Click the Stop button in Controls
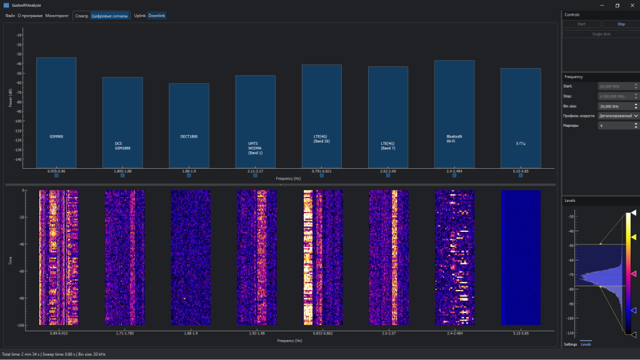click(621, 24)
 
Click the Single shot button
click(601, 34)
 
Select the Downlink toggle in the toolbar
click(157, 16)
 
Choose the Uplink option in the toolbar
click(139, 16)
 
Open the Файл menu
click(10, 16)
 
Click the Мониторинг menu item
click(57, 16)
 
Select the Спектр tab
click(81, 16)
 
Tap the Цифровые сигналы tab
click(110, 16)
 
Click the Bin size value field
click(616, 106)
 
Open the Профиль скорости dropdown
click(618, 116)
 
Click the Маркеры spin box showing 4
click(616, 126)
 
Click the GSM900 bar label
click(56, 136)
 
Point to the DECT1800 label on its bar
click(189, 136)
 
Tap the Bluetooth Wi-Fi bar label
click(454, 139)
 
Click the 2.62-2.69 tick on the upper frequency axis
click(388, 171)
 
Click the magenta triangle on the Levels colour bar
click(633, 274)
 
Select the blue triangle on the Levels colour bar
click(633, 310)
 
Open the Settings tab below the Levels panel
click(571, 344)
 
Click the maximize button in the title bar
click(617, 5)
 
